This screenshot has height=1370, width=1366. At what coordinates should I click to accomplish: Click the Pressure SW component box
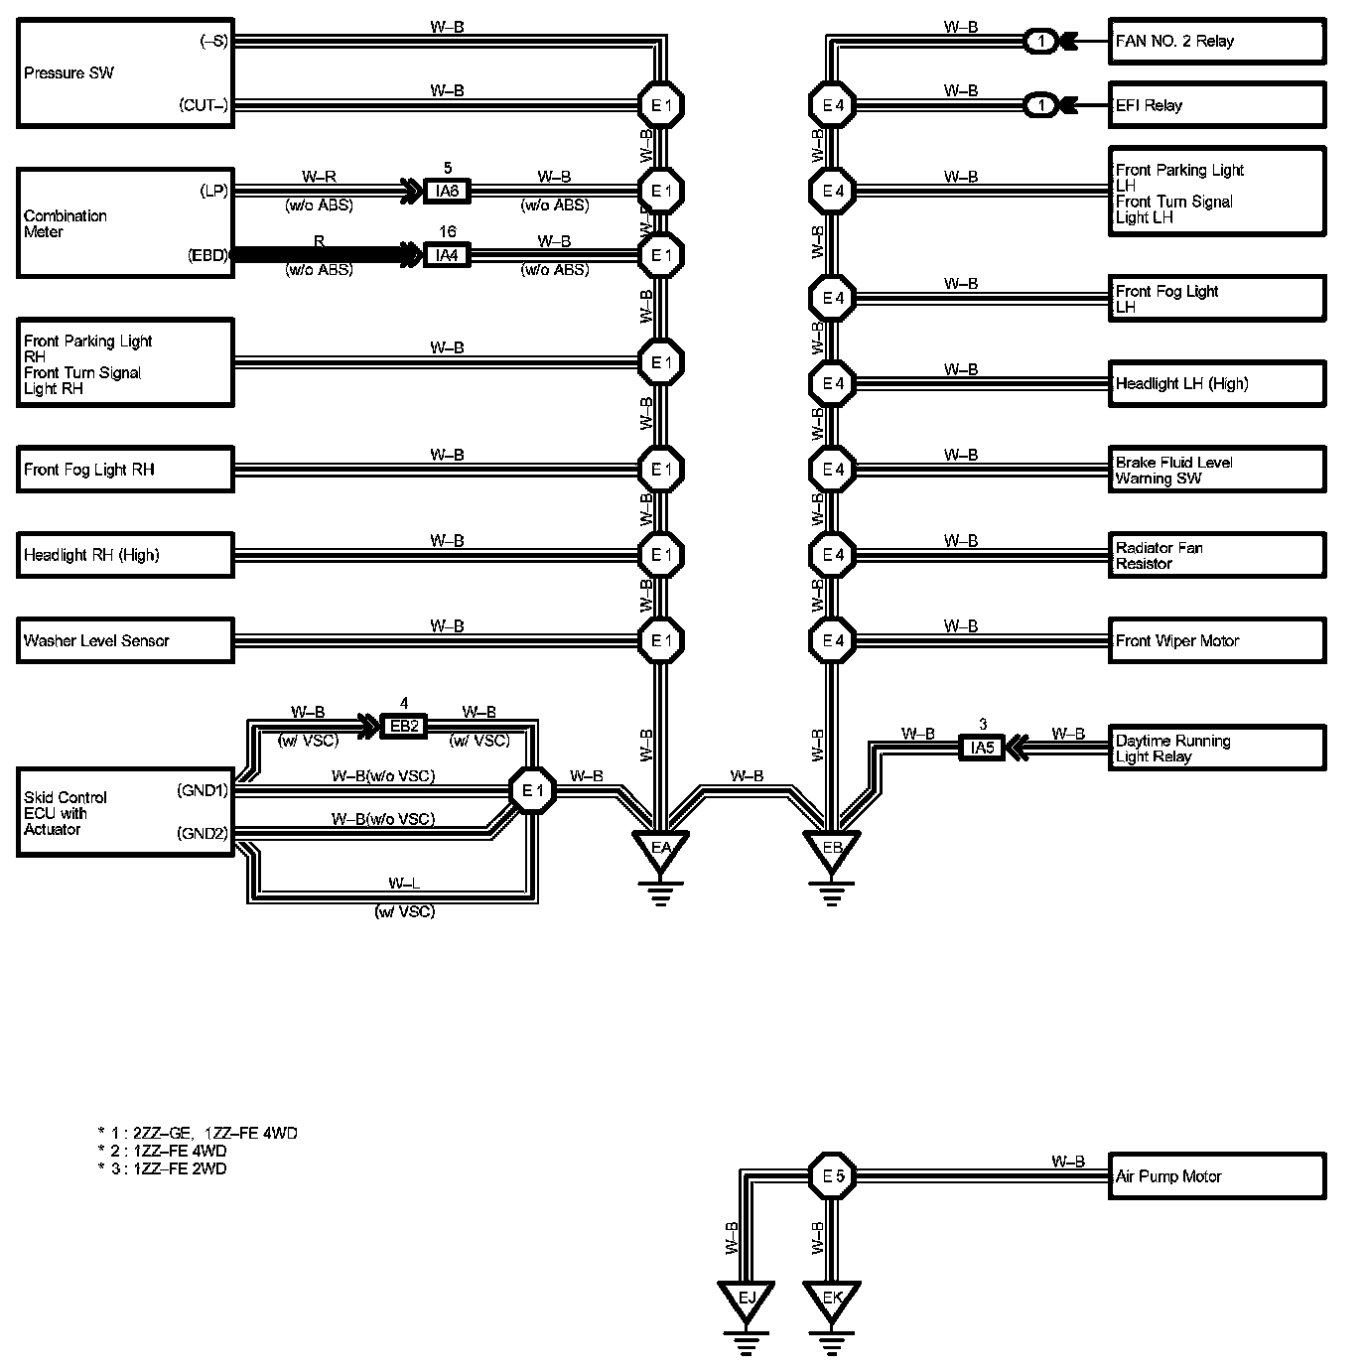point(125,72)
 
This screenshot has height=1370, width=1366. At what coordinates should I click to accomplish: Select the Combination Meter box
point(125,223)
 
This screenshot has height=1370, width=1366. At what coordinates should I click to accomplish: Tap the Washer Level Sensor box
point(125,640)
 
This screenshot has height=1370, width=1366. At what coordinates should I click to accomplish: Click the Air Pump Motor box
point(1216,1176)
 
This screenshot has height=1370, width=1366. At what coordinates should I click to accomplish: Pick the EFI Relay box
point(1216,105)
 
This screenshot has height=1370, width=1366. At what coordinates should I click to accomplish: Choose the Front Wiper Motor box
point(1216,640)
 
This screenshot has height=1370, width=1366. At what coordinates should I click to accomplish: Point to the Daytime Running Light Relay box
point(1216,749)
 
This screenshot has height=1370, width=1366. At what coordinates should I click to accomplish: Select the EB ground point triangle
point(832,849)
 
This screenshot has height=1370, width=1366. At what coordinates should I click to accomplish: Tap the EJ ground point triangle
point(747,1298)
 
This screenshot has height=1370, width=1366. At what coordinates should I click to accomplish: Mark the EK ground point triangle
point(832,1298)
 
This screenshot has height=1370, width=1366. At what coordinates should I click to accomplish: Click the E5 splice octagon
point(833,1176)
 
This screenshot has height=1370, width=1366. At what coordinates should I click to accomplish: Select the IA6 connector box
point(447,192)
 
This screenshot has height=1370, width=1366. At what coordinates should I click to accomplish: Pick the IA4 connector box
point(447,255)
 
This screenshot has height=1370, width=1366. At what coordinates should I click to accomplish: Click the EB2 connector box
point(404,726)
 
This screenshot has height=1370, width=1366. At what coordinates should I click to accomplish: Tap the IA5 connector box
point(982,748)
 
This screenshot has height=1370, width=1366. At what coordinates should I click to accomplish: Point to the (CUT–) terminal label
point(204,104)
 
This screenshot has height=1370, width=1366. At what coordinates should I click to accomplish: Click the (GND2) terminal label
point(202,833)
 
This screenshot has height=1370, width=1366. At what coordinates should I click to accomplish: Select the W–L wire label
point(403,883)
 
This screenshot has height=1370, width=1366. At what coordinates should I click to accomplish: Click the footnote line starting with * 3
point(163,1168)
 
